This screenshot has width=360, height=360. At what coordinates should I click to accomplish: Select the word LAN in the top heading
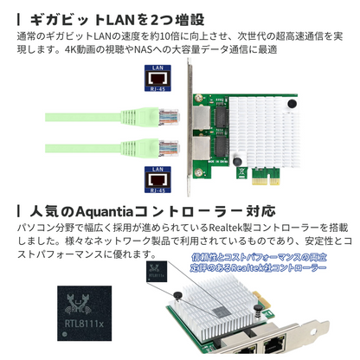pos(121,19)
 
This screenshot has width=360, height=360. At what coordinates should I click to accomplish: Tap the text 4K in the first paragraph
pos(71,50)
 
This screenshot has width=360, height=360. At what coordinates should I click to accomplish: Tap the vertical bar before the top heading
pos(18,19)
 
